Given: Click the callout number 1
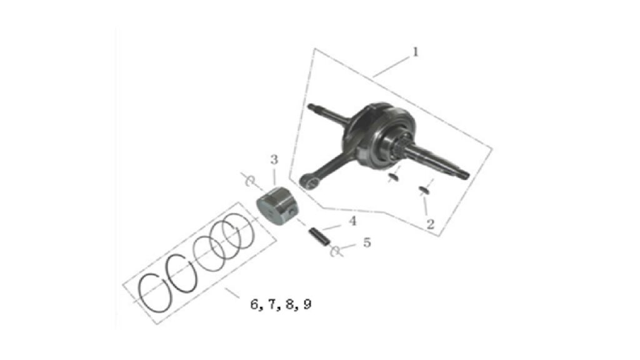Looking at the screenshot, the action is point(416,52).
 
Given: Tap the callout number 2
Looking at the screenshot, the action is point(430,224).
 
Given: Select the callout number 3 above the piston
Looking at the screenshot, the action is point(274,159).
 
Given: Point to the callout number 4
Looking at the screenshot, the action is point(352,221).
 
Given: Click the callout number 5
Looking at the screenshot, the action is point(367,242).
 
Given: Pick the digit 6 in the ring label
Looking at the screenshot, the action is point(255,304).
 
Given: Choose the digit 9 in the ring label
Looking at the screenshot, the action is point(272,304).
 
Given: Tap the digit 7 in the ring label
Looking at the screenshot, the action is point(290,304).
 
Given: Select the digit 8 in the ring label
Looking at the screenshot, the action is point(307,304).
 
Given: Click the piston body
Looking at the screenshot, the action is point(277,206).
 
